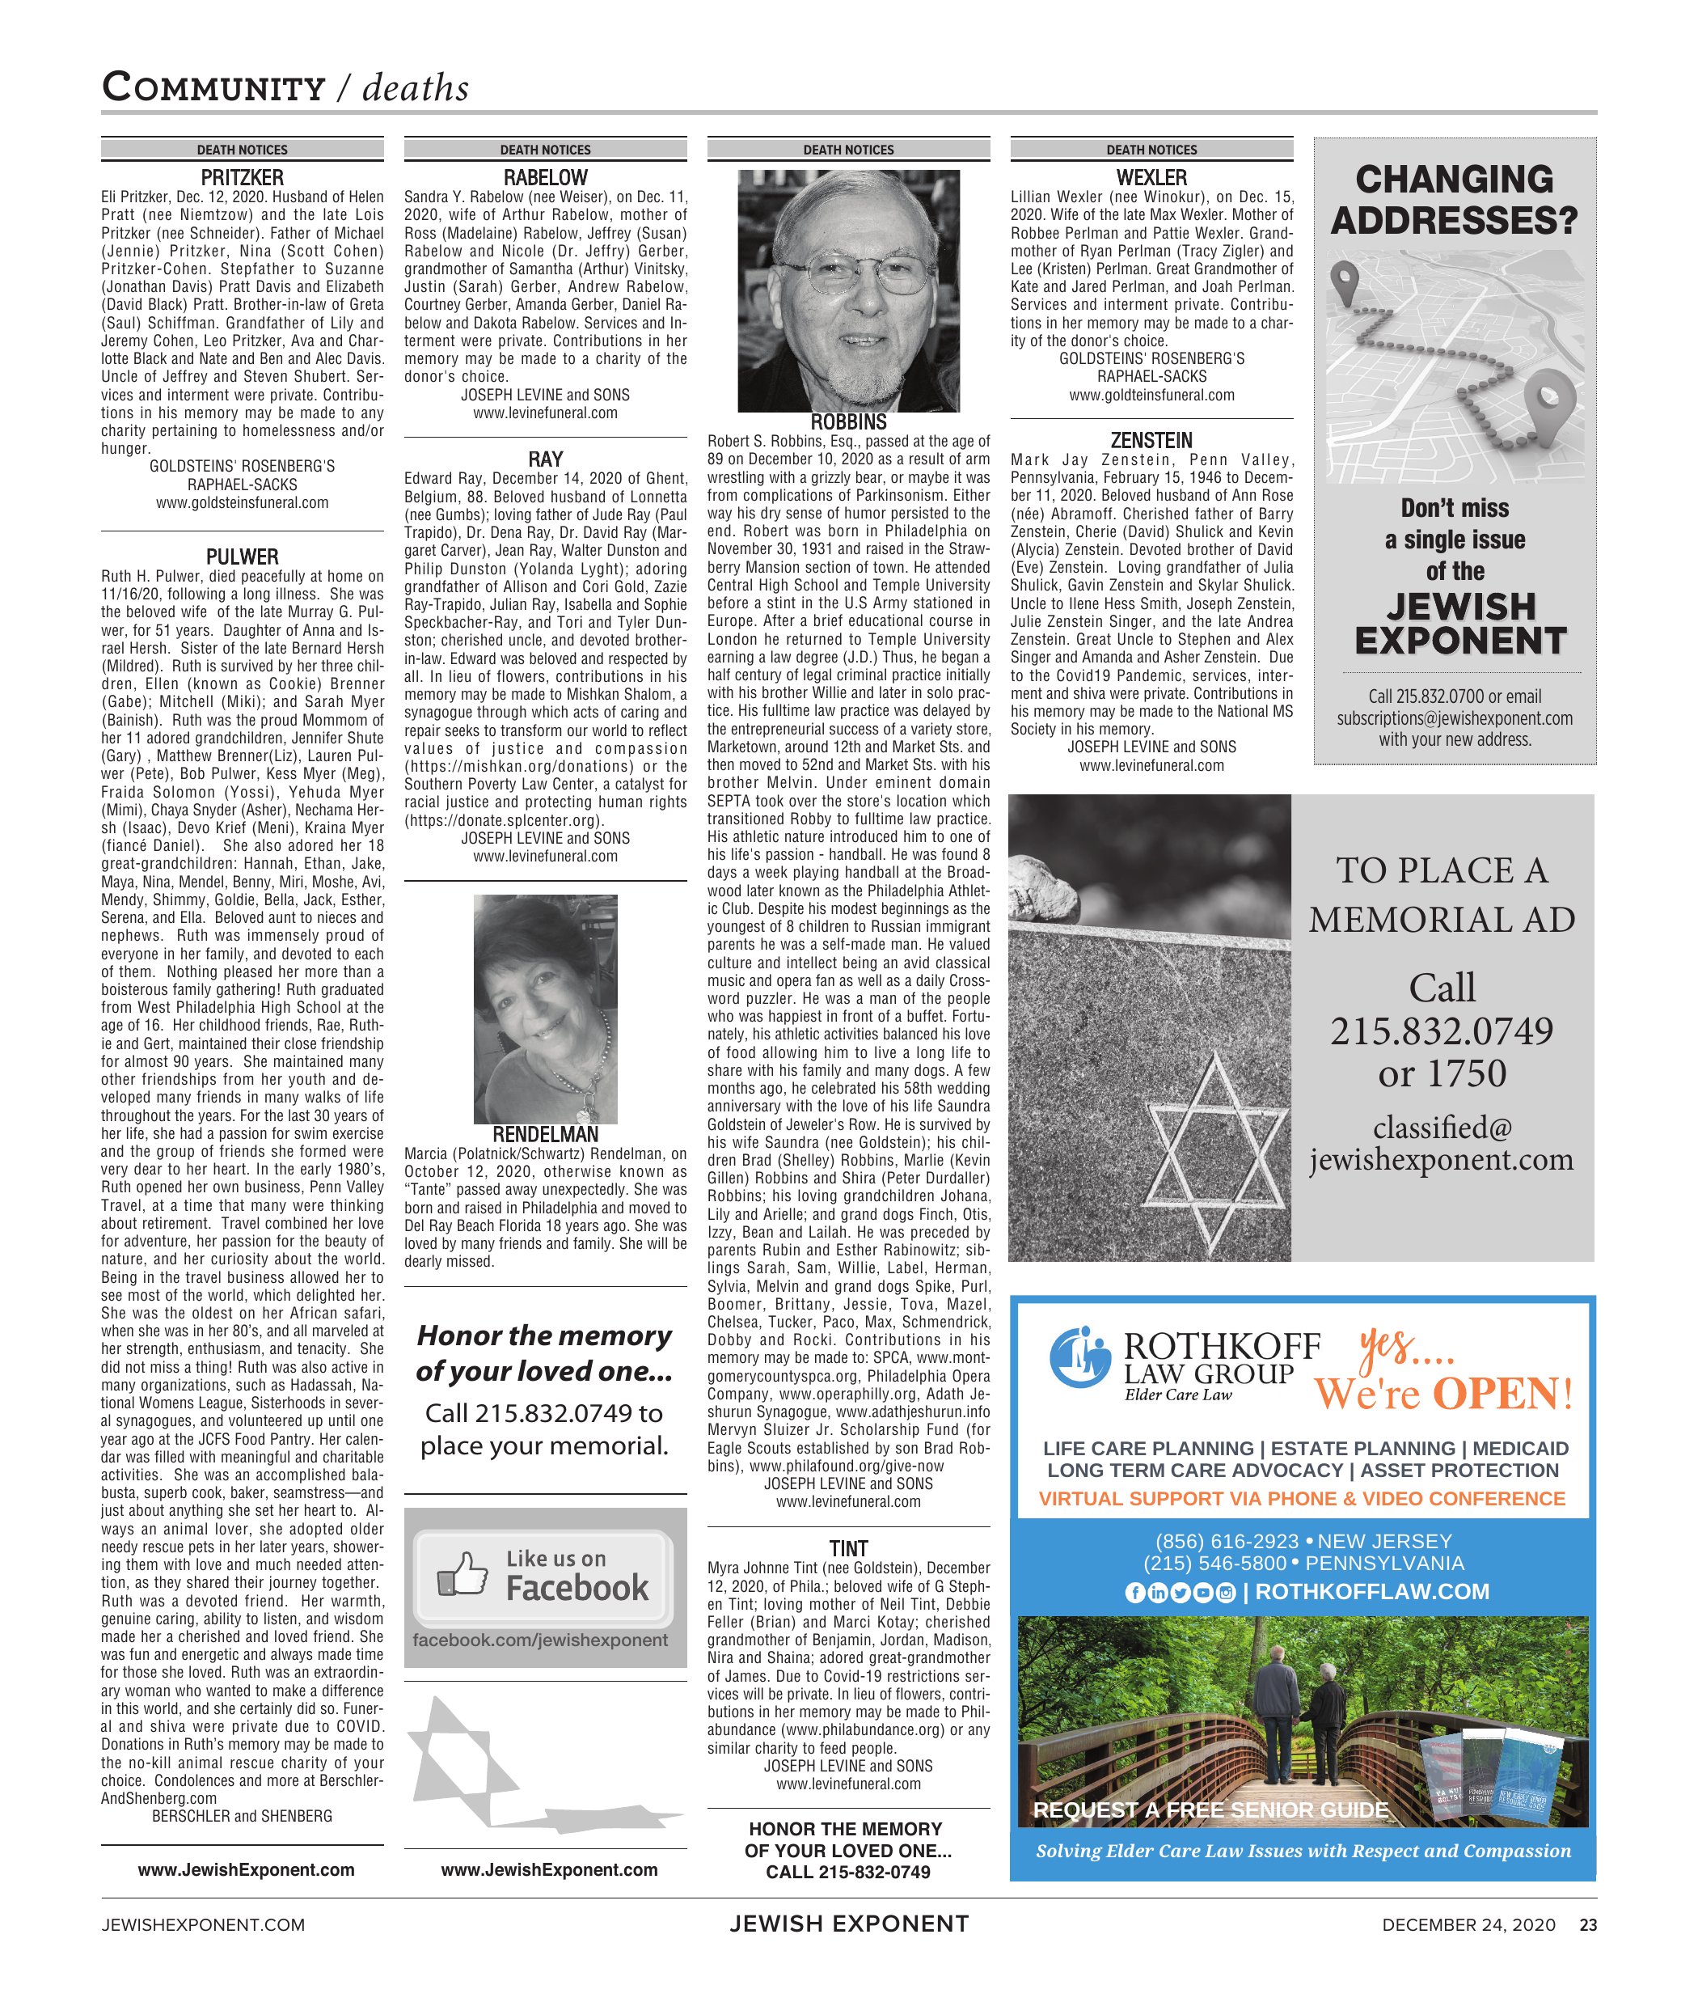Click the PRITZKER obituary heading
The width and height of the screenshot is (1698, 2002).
pyautogui.click(x=242, y=178)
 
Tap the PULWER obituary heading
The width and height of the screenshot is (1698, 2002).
pyautogui.click(x=242, y=557)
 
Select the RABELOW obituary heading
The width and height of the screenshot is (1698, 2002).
pyautogui.click(x=545, y=178)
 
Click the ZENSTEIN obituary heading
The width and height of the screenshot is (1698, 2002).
pyautogui.click(x=1151, y=441)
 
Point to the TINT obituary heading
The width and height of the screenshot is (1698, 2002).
pyautogui.click(x=848, y=1548)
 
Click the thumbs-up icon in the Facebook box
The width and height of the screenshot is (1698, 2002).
pyautogui.click(x=462, y=1573)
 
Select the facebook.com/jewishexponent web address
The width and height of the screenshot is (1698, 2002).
pyautogui.click(x=540, y=1640)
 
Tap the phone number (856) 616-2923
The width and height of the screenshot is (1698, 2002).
pyautogui.click(x=1227, y=1542)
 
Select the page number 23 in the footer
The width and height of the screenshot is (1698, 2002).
pyautogui.click(x=1587, y=1925)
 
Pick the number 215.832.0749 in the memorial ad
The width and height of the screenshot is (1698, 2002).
pyautogui.click(x=1441, y=1031)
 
